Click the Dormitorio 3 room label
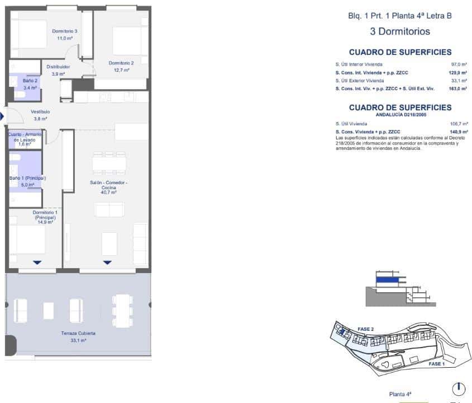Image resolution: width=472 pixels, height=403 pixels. [x=64, y=31]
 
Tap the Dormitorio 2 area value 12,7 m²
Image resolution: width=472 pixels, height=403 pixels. [x=121, y=71]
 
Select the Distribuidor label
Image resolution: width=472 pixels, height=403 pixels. [x=58, y=67]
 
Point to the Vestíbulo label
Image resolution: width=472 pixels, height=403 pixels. [x=41, y=111]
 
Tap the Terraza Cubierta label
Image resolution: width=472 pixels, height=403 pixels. [x=78, y=333]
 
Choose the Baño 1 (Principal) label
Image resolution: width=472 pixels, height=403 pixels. [x=27, y=178]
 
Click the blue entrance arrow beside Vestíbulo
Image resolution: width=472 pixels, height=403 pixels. [x=2, y=116]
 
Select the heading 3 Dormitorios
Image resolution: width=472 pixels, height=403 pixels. [x=399, y=31]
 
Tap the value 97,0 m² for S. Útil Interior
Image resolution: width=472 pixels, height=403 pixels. [x=459, y=64]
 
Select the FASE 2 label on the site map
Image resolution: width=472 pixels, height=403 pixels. [x=365, y=329]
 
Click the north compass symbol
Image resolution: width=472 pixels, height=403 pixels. [x=457, y=388]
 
